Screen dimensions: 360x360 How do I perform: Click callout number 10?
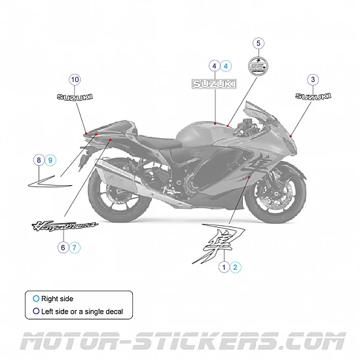pyautogui.click(x=75, y=79)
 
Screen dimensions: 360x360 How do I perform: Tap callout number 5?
pyautogui.click(x=259, y=43)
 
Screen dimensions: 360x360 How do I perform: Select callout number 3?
pyautogui.click(x=313, y=79)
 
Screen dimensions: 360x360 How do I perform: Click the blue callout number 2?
pyautogui.click(x=236, y=266)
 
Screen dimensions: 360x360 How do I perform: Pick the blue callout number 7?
pyautogui.click(x=75, y=247)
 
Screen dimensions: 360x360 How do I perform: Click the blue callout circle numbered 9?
pyautogui.click(x=51, y=160)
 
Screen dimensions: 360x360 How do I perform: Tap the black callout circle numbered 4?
pyautogui.click(x=214, y=65)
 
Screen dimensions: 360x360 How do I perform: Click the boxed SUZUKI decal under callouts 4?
pyautogui.click(x=214, y=83)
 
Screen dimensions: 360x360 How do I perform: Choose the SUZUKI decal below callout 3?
pyautogui.click(x=313, y=96)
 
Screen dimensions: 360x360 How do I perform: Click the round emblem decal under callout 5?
pyautogui.click(x=259, y=65)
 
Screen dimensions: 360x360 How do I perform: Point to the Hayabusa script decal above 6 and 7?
pyautogui.click(x=65, y=226)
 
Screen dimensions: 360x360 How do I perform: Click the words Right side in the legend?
pyautogui.click(x=57, y=298)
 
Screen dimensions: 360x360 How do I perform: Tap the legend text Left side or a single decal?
pyautogui.click(x=82, y=312)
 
